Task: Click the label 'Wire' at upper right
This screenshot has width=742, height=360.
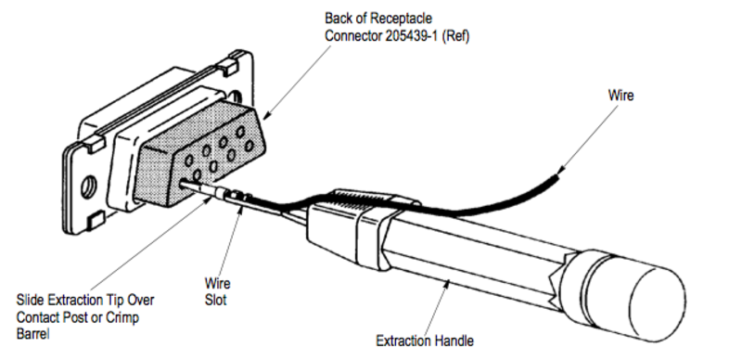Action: pyautogui.click(x=620, y=95)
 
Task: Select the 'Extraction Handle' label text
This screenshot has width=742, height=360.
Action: pyautogui.click(x=424, y=341)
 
